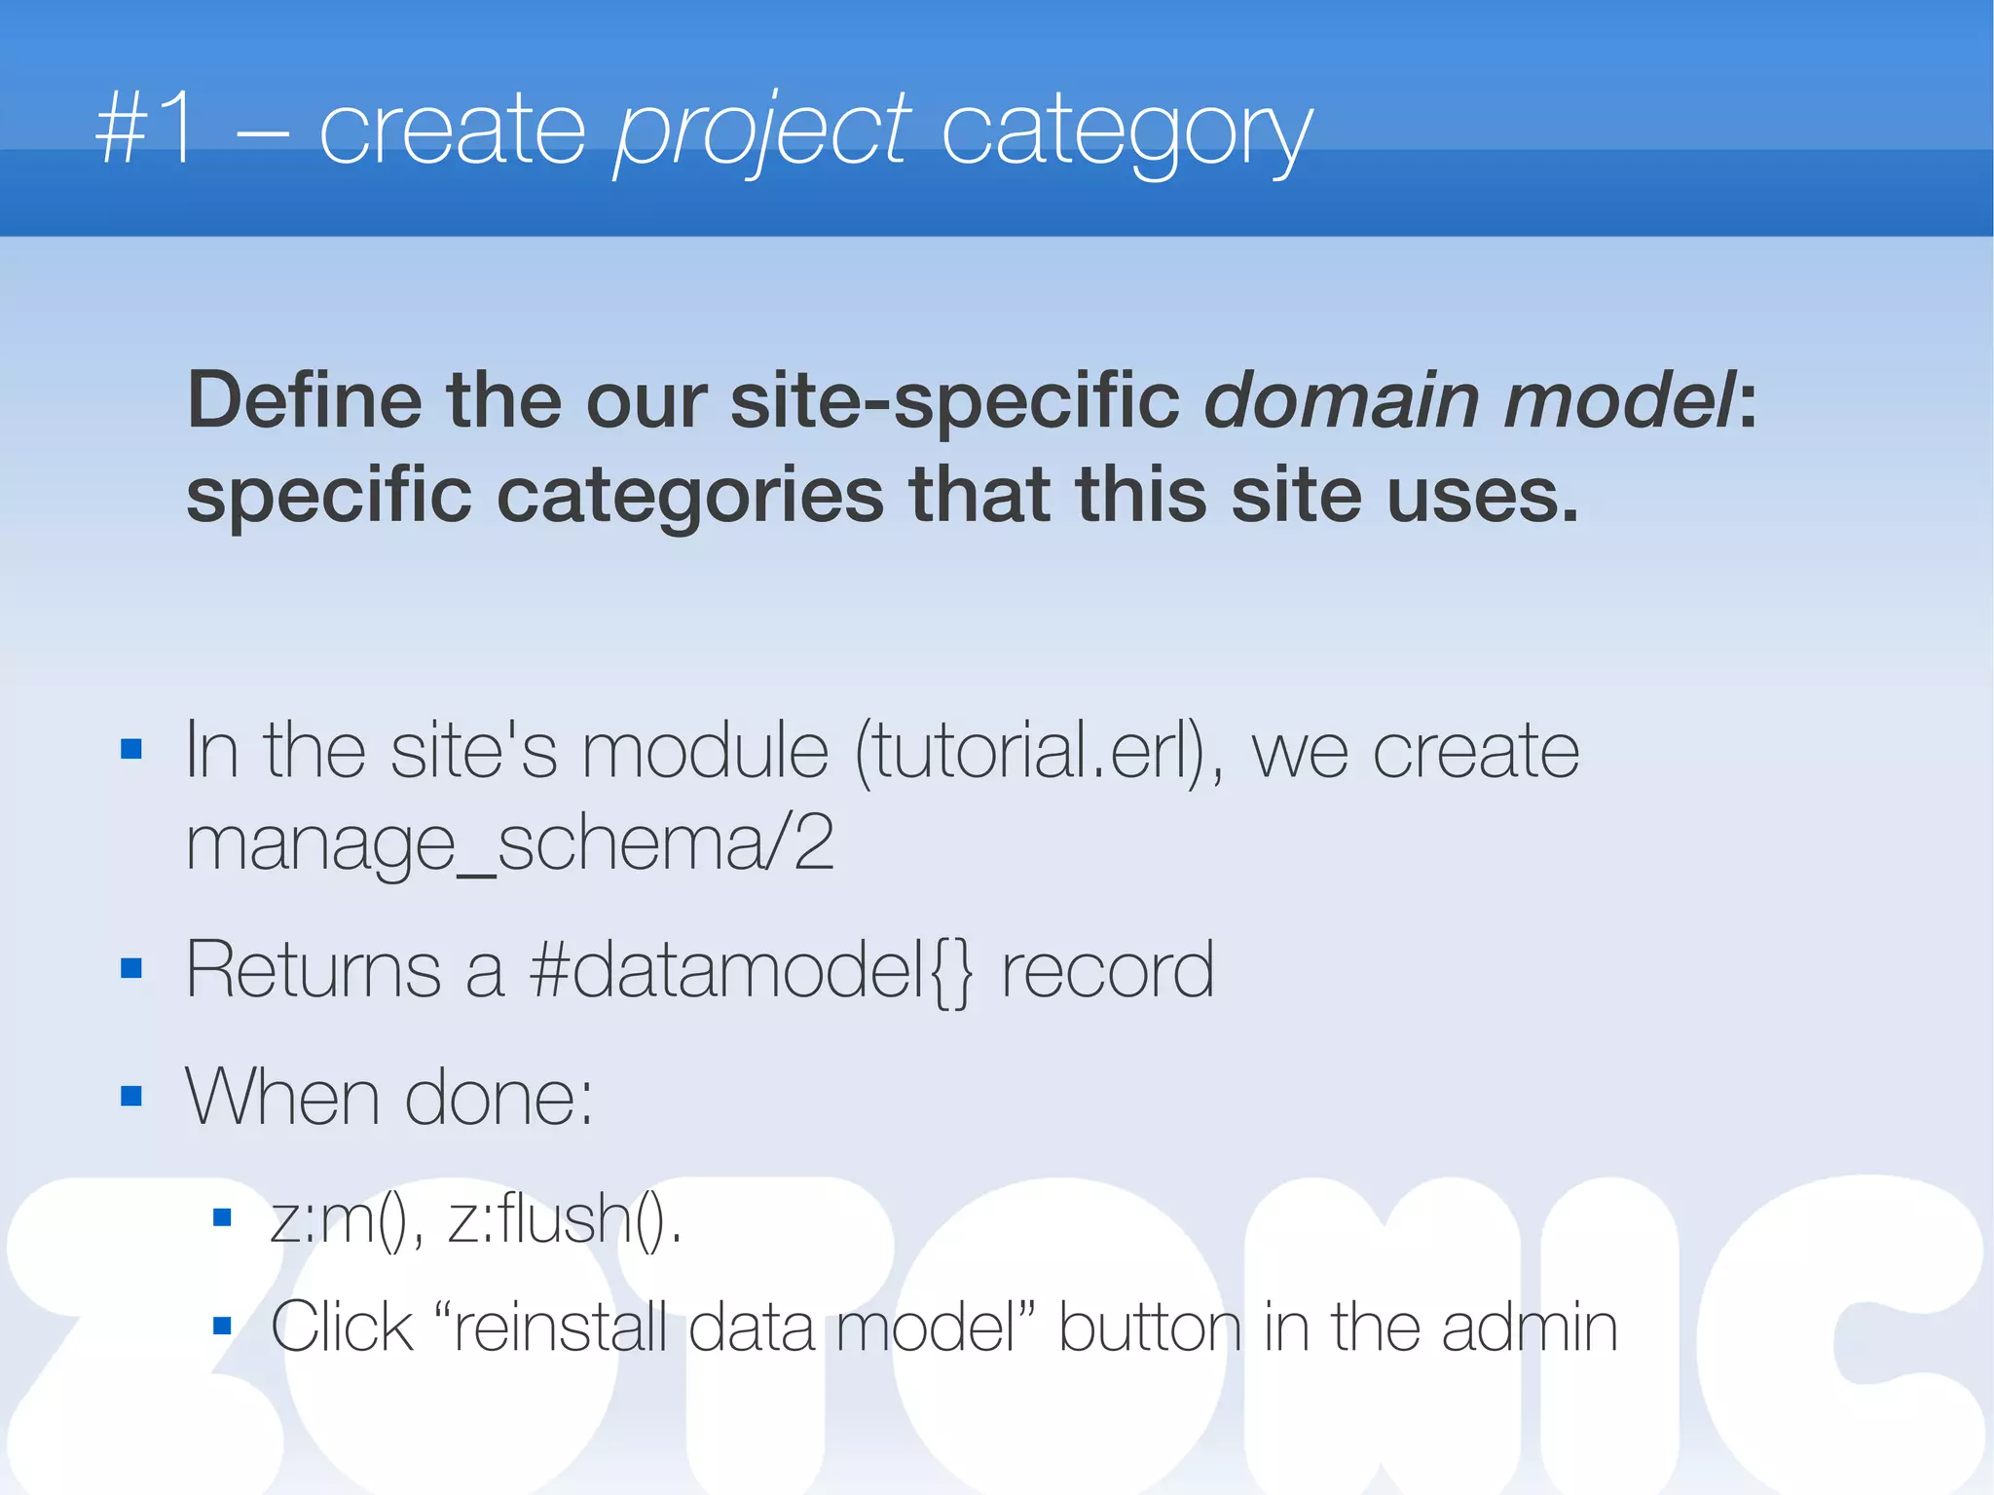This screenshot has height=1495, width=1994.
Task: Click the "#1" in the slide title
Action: click(x=145, y=130)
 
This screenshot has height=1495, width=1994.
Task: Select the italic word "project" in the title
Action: click(x=761, y=131)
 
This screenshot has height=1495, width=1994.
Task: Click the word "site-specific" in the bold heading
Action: click(x=954, y=401)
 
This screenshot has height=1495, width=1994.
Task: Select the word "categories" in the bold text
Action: click(x=690, y=496)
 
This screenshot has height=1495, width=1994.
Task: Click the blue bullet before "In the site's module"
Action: click(x=131, y=749)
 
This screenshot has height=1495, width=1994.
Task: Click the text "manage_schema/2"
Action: click(x=509, y=843)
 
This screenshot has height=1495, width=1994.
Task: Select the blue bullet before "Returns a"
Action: click(x=131, y=968)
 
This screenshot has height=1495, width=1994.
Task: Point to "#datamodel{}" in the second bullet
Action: click(x=750, y=970)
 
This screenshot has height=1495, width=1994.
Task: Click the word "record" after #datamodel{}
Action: click(x=1108, y=970)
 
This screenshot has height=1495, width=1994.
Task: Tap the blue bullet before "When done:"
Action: click(x=131, y=1097)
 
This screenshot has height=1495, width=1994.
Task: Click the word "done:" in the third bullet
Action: click(x=498, y=1098)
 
